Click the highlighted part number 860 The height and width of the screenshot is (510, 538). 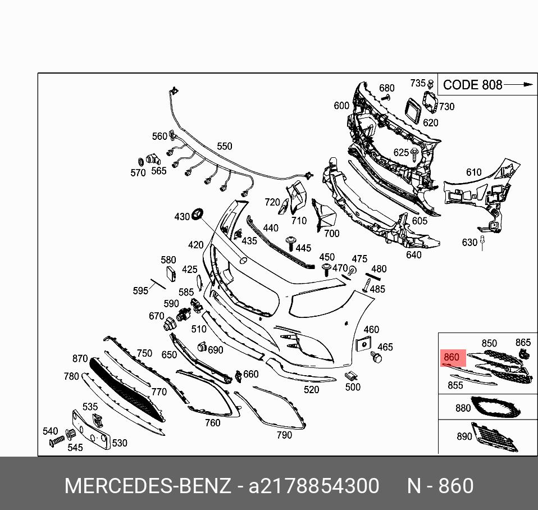click(x=451, y=357)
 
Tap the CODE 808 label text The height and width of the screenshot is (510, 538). click(x=472, y=85)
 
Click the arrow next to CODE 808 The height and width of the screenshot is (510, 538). click(x=518, y=84)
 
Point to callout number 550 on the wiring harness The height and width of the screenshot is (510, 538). click(x=225, y=146)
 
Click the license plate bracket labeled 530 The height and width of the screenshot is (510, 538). click(x=92, y=429)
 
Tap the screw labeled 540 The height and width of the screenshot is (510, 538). click(x=57, y=441)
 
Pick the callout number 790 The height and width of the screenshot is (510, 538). click(x=284, y=435)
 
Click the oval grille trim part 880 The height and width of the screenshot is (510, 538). click(x=495, y=407)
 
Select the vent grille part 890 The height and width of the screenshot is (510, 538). click(x=494, y=437)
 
